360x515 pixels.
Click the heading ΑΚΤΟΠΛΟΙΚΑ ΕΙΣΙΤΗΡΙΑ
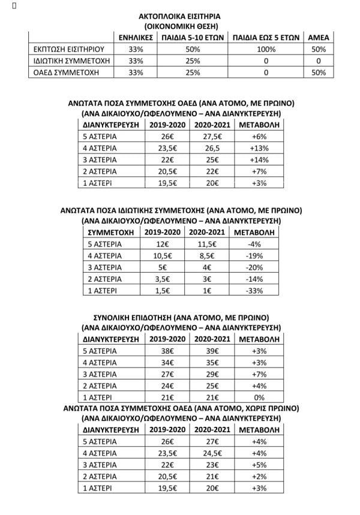point(180,16)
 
